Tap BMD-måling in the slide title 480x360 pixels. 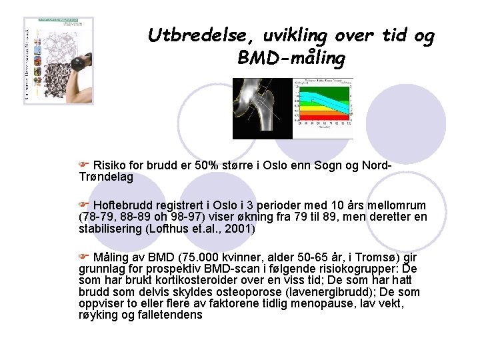(291, 59)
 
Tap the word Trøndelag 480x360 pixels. (106, 177)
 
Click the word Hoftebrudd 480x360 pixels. (124, 205)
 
